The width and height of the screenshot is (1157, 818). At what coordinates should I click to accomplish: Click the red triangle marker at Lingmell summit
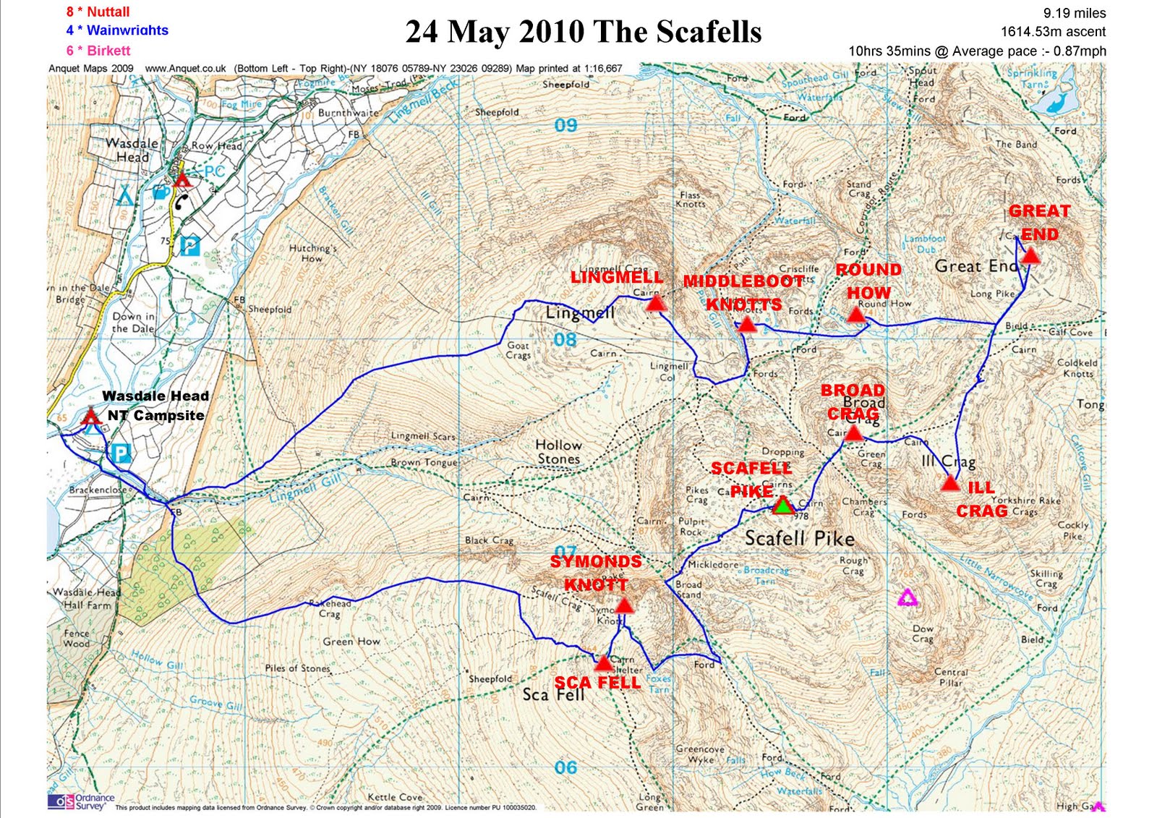(655, 303)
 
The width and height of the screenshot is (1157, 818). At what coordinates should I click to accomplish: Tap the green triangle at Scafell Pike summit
(782, 506)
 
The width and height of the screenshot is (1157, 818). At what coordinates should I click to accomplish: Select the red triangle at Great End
(1030, 255)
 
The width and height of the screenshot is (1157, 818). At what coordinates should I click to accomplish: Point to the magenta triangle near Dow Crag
(907, 597)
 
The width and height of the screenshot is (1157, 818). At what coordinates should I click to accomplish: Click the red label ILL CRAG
(981, 500)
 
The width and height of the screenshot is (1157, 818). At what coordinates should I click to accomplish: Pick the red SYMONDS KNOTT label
(596, 573)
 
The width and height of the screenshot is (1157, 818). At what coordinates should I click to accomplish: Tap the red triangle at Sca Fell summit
(603, 663)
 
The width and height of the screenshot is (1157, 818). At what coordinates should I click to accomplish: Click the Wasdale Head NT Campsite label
(155, 406)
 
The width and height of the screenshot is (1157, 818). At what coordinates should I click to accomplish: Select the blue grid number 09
(566, 125)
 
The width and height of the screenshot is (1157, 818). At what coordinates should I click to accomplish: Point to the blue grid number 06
(566, 767)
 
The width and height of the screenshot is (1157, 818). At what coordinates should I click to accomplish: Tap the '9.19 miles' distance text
(1074, 13)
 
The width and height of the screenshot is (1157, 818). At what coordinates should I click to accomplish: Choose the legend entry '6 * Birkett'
(98, 51)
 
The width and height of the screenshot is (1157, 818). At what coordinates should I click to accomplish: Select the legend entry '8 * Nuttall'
(98, 12)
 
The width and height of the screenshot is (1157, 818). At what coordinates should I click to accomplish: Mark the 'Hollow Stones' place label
(558, 451)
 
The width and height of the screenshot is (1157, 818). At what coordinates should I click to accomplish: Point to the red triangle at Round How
(856, 315)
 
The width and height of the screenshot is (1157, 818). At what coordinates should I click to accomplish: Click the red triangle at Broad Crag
(853, 433)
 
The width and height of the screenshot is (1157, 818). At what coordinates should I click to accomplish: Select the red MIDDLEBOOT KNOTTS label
(743, 292)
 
